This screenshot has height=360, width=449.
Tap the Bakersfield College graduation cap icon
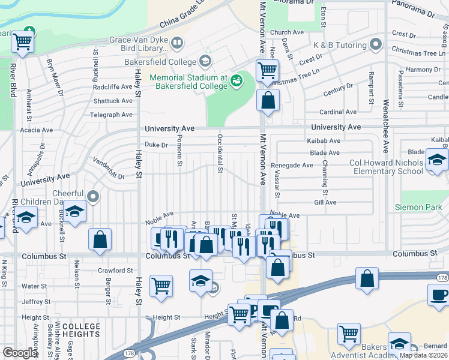[205, 62]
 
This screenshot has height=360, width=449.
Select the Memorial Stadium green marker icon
[237, 79]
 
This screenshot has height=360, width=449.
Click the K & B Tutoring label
[340, 45]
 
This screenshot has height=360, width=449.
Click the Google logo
[20, 353]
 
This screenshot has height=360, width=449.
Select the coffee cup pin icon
[439, 295]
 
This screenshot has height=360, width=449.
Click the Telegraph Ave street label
[111, 115]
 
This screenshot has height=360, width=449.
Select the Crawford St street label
[115, 271]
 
